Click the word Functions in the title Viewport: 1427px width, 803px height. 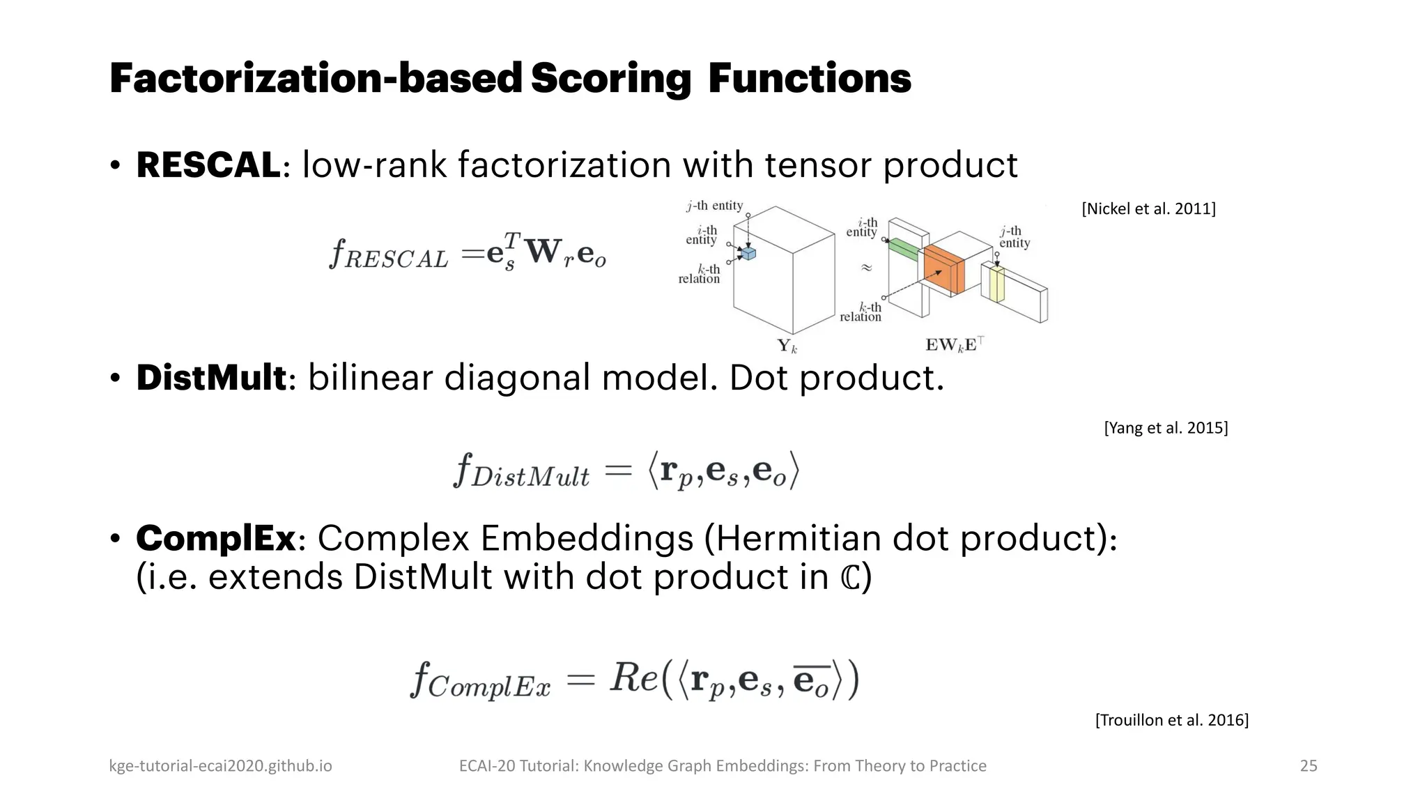pos(809,78)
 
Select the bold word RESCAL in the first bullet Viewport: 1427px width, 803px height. pos(208,165)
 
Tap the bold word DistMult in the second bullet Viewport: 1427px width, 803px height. pos(210,378)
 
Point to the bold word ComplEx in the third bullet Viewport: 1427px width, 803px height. pos(216,538)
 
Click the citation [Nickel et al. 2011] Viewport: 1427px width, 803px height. pos(1148,208)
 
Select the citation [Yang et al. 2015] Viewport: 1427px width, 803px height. pos(1166,427)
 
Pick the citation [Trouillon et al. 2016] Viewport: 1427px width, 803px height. pos(1171,719)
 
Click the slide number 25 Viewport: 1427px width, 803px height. pos(1309,765)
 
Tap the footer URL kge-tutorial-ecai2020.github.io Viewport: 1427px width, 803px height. pos(220,765)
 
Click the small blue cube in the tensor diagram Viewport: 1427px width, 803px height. pos(748,254)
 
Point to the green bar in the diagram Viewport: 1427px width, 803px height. pos(904,249)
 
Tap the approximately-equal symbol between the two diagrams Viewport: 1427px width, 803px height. pos(866,268)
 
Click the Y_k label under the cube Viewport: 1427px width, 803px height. pos(787,345)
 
